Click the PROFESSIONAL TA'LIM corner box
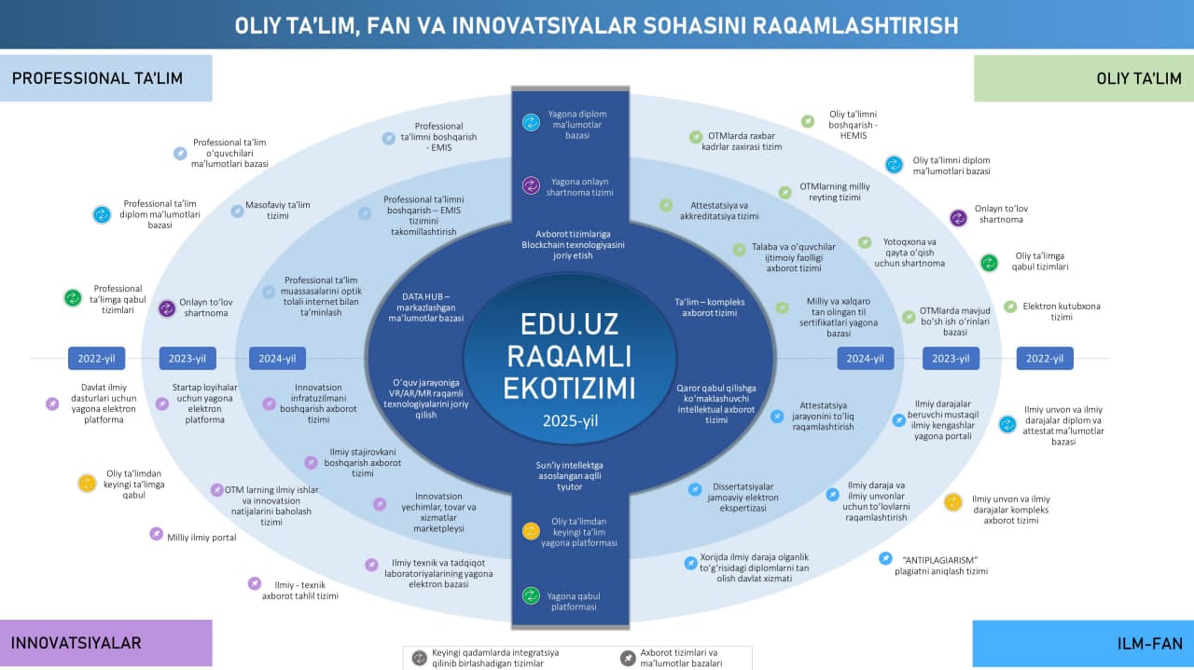[106, 78]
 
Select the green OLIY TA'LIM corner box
[1084, 78]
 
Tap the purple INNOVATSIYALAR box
[106, 643]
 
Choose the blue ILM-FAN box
[1083, 643]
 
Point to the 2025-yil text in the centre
[570, 421]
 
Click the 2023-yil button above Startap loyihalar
[187, 359]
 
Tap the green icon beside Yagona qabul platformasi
[531, 595]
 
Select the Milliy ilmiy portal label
[201, 538]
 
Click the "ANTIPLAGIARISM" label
[941, 566]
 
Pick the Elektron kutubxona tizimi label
[1062, 311]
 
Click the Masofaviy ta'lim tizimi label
[277, 211]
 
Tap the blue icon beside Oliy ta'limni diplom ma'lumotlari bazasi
[894, 165]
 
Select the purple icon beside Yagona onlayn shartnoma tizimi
[531, 185]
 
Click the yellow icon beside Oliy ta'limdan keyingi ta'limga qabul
[87, 483]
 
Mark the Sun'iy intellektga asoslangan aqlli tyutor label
[569, 475]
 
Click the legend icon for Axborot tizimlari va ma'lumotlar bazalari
[628, 658]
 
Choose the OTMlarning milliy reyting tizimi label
[834, 192]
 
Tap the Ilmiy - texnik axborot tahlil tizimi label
[299, 590]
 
